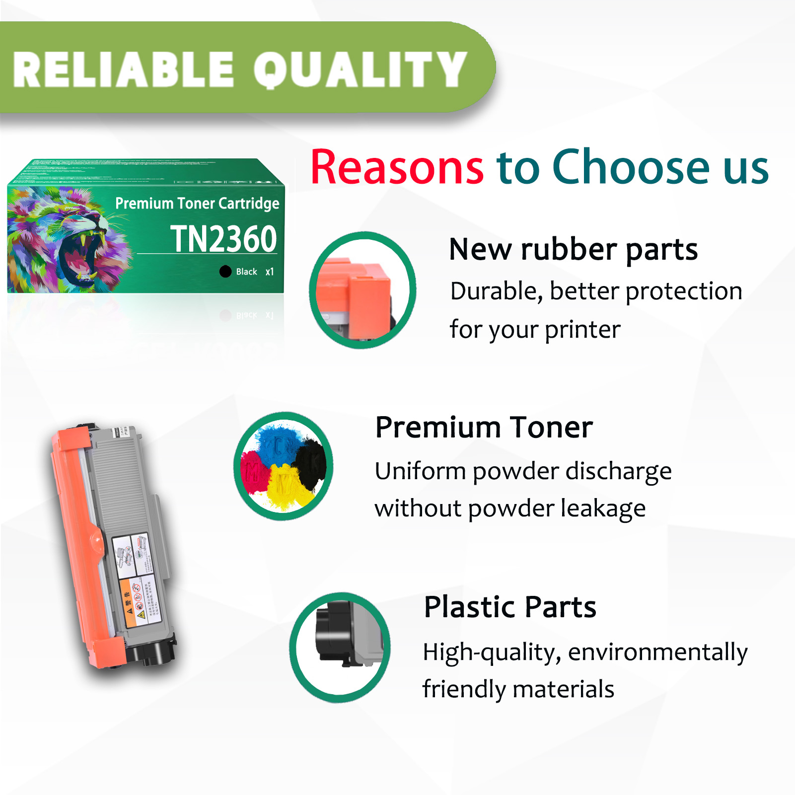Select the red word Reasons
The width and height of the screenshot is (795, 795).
point(397,167)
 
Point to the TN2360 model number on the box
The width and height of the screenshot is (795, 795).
point(223,239)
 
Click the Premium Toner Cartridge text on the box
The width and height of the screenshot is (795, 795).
point(197,204)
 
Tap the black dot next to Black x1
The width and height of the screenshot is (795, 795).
point(225,272)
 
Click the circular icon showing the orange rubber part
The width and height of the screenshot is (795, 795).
point(362,290)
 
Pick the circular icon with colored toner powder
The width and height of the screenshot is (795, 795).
point(284,466)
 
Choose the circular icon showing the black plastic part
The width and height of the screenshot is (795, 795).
point(340,647)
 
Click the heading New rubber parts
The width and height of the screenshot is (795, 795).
point(573,249)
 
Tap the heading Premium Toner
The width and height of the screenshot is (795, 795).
point(484,428)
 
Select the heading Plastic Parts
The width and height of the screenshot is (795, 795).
point(510,607)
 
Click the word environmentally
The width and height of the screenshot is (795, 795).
point(657,652)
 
